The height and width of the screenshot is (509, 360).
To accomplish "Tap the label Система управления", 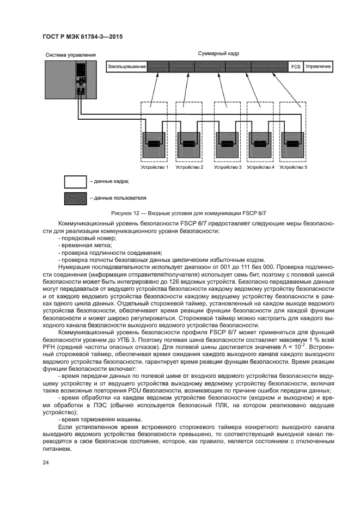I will pos(71,55).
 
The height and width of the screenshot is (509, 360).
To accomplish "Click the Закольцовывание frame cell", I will pos(127,66).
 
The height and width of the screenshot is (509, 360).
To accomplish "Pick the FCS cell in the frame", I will pos(295,66).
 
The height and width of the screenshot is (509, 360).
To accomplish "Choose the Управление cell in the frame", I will pos(318,66).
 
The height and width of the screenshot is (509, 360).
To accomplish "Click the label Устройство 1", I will pos(155,167).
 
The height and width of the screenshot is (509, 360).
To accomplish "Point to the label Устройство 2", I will pos(190,167).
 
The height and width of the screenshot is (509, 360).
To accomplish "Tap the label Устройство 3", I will pos(227,167).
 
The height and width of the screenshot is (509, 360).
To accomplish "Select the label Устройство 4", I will pos(260,167).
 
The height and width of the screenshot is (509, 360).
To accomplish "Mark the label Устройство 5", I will pos(294,167).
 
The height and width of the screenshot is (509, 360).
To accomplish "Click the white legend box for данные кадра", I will pos(75,181).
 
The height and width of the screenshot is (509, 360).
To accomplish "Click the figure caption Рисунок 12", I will pos(180,213).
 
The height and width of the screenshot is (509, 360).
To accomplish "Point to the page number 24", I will pos(46,463).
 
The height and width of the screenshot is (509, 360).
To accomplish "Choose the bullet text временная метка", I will pos(81,246).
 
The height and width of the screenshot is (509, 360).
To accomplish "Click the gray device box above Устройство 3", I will pos(227,144).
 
